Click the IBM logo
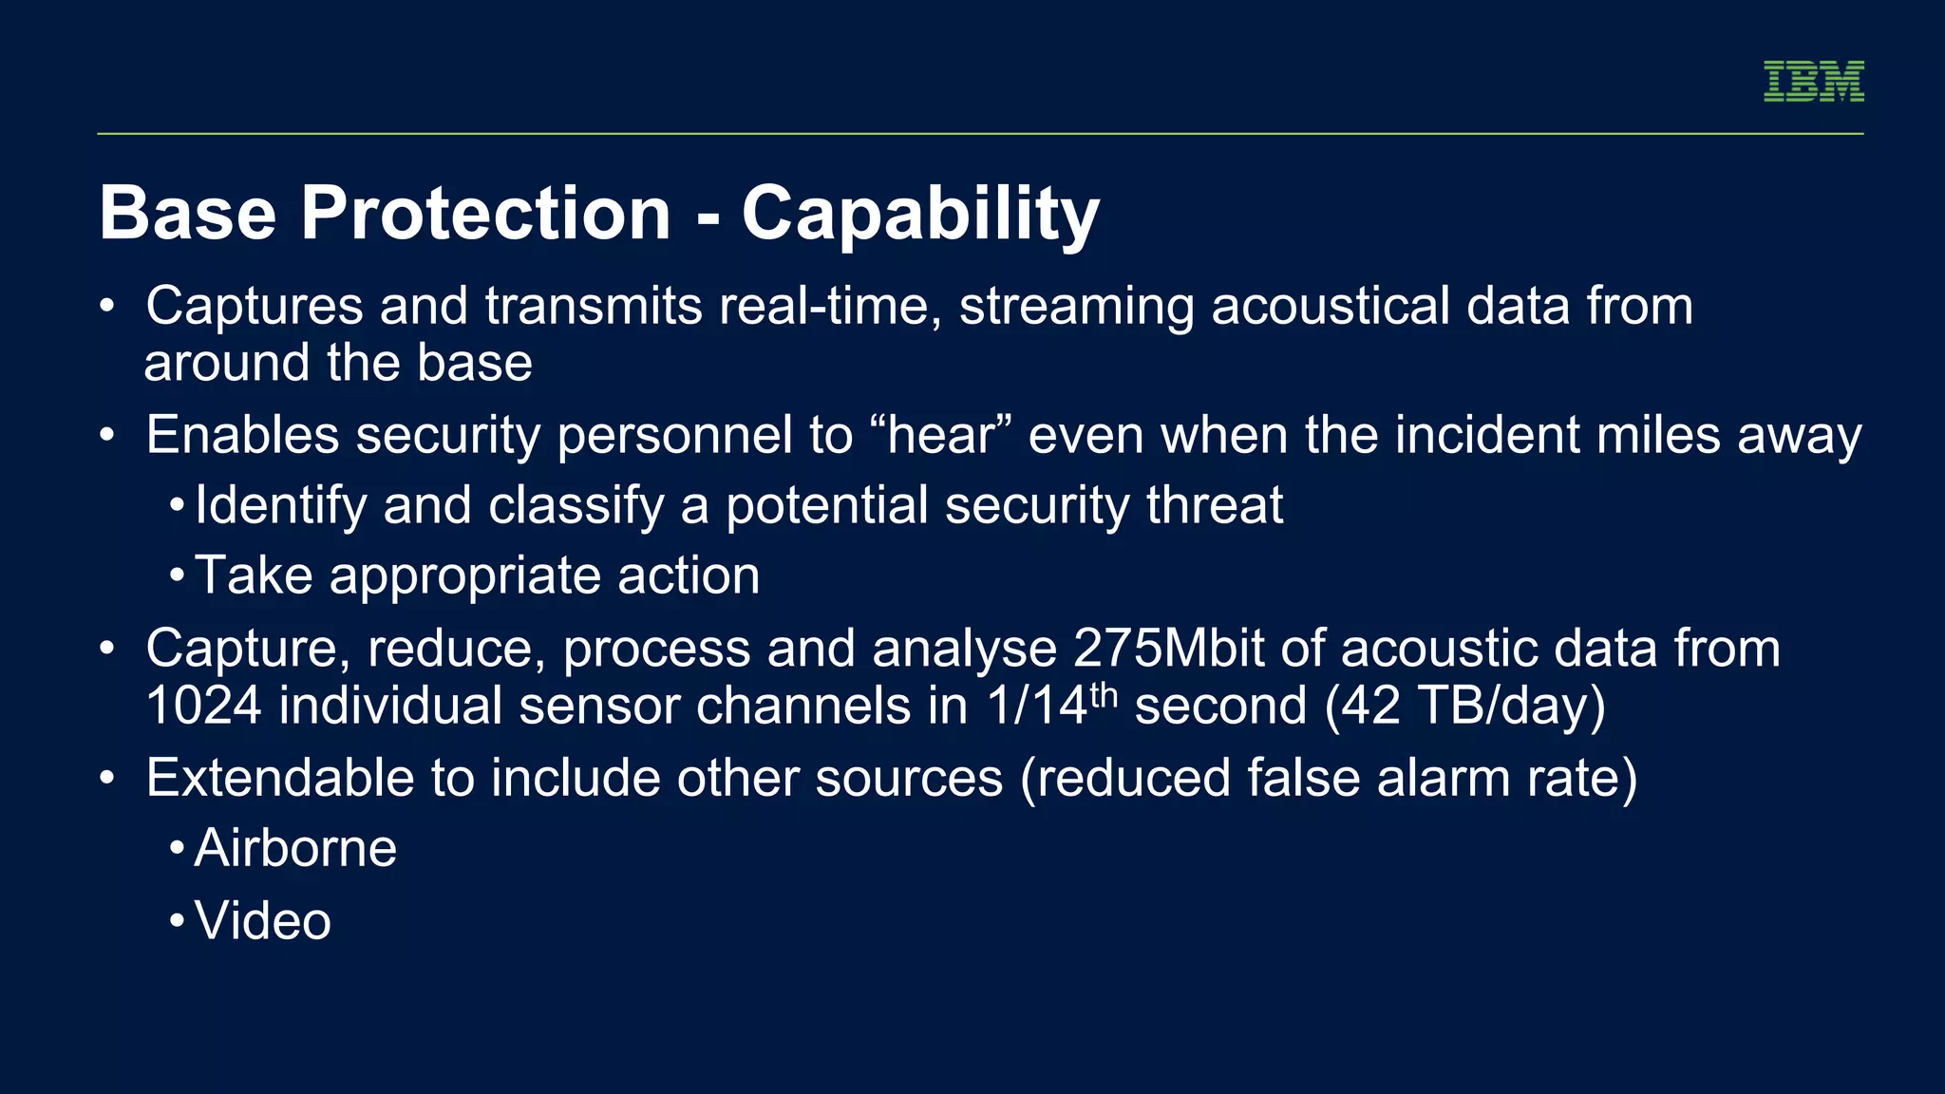pos(1813,82)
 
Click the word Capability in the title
pos(919,215)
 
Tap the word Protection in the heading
pos(485,213)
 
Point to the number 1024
pos(203,707)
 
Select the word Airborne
pos(295,848)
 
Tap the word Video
pos(263,921)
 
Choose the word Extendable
pos(280,779)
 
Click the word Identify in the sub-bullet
pos(280,506)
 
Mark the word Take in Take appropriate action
pos(254,576)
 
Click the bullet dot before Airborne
pos(177,849)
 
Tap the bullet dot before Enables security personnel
pos(107,436)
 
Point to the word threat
pos(1215,505)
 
